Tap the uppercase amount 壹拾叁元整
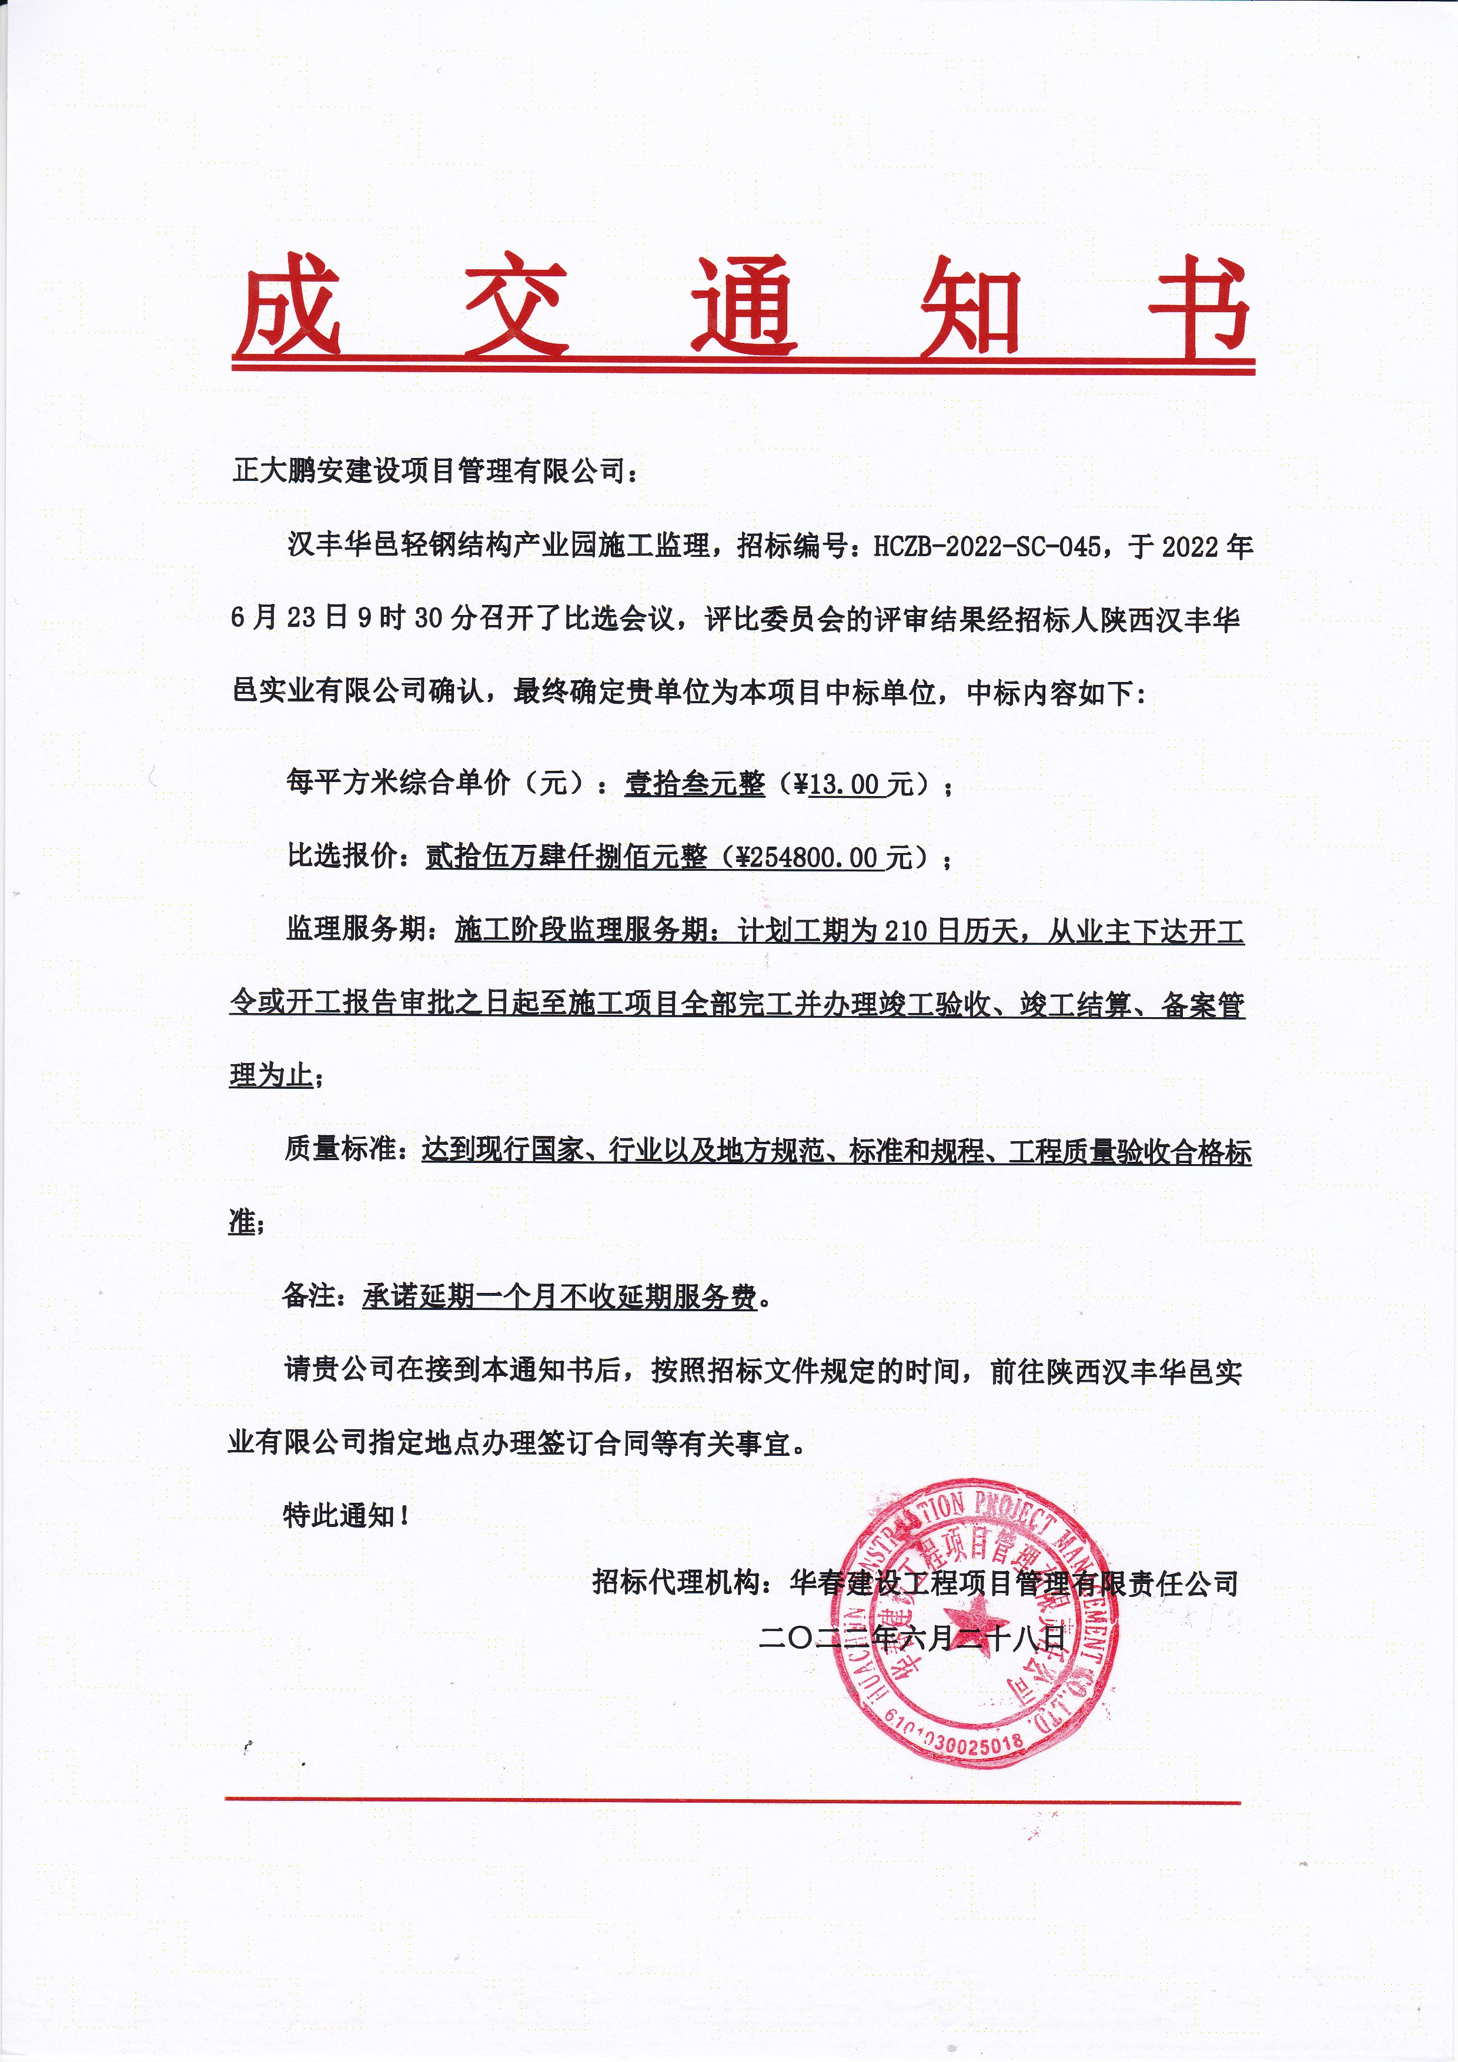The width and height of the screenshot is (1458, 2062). point(695,784)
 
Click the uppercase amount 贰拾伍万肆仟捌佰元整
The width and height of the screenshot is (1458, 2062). point(566,858)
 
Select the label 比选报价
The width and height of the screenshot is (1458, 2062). point(341,858)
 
